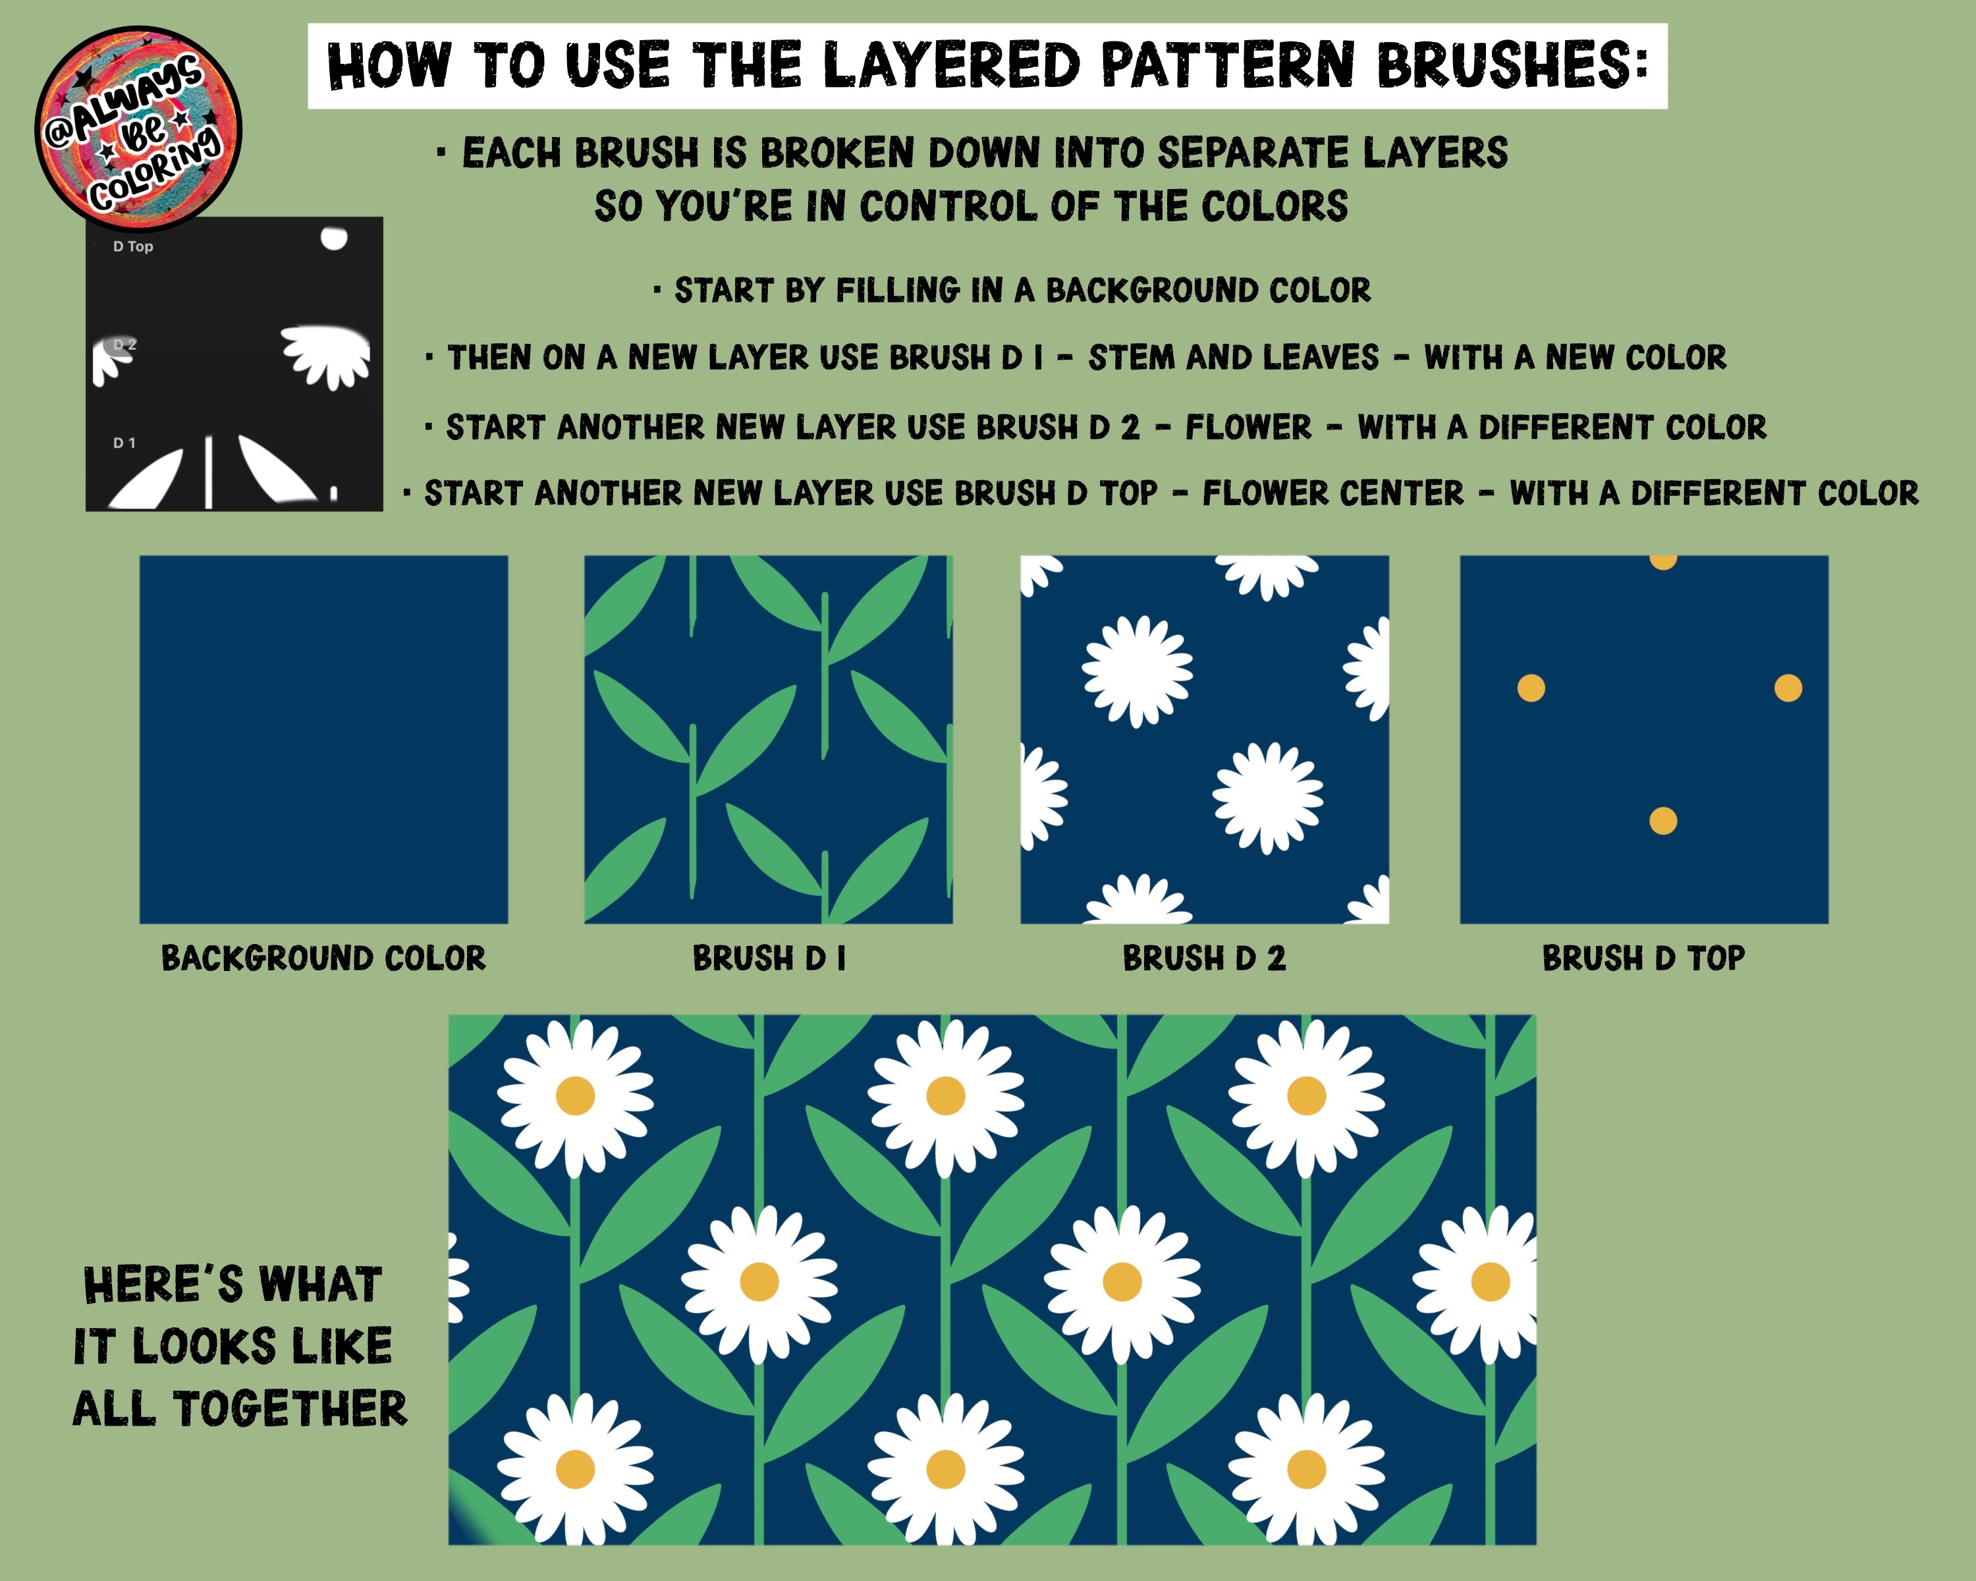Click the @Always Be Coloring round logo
(138, 128)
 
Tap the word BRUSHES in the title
(1512, 65)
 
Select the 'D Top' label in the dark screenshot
(133, 246)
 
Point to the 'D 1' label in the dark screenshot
(124, 443)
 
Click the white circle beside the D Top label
(333, 238)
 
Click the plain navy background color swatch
(323, 740)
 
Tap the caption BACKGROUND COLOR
(323, 958)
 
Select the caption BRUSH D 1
(769, 958)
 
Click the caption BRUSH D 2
(1204, 958)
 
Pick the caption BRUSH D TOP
(1643, 958)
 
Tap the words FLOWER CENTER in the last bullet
(1334, 494)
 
